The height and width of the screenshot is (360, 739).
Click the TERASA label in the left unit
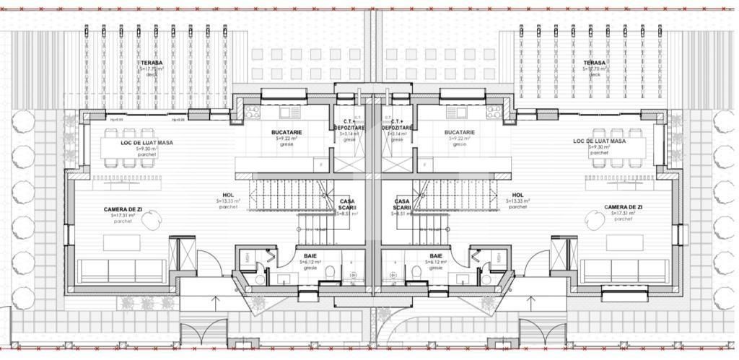click(151, 63)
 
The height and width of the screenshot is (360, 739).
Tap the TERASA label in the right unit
click(595, 63)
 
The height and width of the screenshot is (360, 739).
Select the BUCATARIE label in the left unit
click(287, 133)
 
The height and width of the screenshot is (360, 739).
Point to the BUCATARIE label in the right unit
click(460, 133)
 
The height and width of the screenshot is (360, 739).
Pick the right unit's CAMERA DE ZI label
click(624, 207)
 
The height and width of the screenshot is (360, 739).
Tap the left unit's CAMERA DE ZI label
click(123, 209)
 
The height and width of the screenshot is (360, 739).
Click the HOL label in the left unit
click(228, 195)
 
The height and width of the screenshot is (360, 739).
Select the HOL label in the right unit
click(517, 195)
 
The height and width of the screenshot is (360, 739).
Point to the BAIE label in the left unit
click(310, 256)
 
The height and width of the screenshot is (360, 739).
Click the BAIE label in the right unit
click(436, 256)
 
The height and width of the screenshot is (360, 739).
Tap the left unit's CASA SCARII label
click(346, 205)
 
